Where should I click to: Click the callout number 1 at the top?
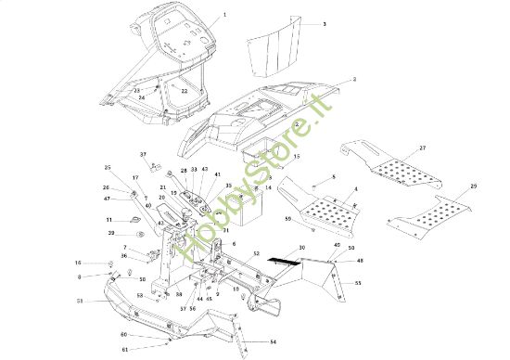click(x=224, y=17)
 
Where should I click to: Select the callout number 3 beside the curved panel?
click(x=324, y=23)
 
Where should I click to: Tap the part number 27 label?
click(x=422, y=148)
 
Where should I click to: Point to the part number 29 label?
click(x=474, y=187)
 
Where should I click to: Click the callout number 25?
click(x=108, y=167)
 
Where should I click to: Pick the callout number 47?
click(x=107, y=199)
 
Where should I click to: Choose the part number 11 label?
click(x=108, y=219)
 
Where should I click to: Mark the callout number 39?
click(x=110, y=233)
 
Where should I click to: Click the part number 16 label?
click(x=78, y=264)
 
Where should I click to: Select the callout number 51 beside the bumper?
click(x=80, y=302)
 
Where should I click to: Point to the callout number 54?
click(x=273, y=341)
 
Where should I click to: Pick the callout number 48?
click(x=359, y=261)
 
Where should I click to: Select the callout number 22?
click(x=184, y=91)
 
